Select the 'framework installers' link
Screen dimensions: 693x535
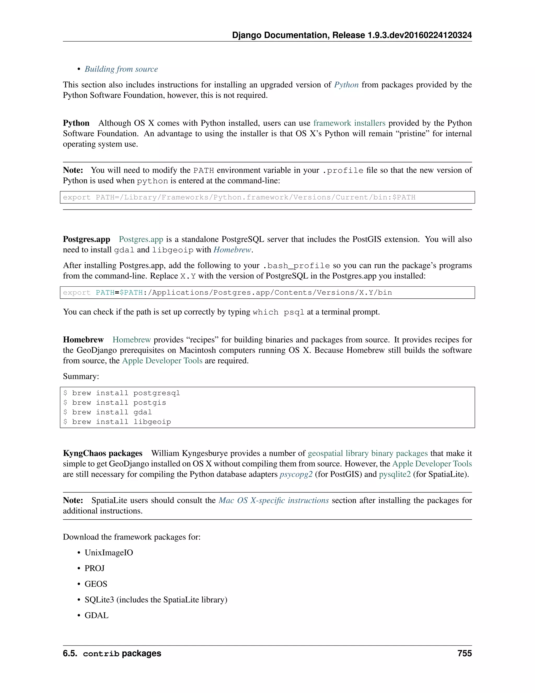[349, 123]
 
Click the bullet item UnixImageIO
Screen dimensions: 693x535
[109, 553]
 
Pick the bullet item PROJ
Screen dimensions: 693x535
[95, 568]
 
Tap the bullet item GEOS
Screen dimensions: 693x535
[96, 584]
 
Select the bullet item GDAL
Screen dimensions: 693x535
[96, 615]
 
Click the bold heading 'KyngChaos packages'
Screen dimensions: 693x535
[103, 453]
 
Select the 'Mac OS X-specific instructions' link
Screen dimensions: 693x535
[274, 500]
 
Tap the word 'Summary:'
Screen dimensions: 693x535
[81, 376]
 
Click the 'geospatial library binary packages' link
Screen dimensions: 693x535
[368, 453]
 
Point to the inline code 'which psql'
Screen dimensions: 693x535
[278, 312]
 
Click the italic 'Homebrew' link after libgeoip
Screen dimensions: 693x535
[232, 250]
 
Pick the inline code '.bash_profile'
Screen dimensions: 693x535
[296, 266]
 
